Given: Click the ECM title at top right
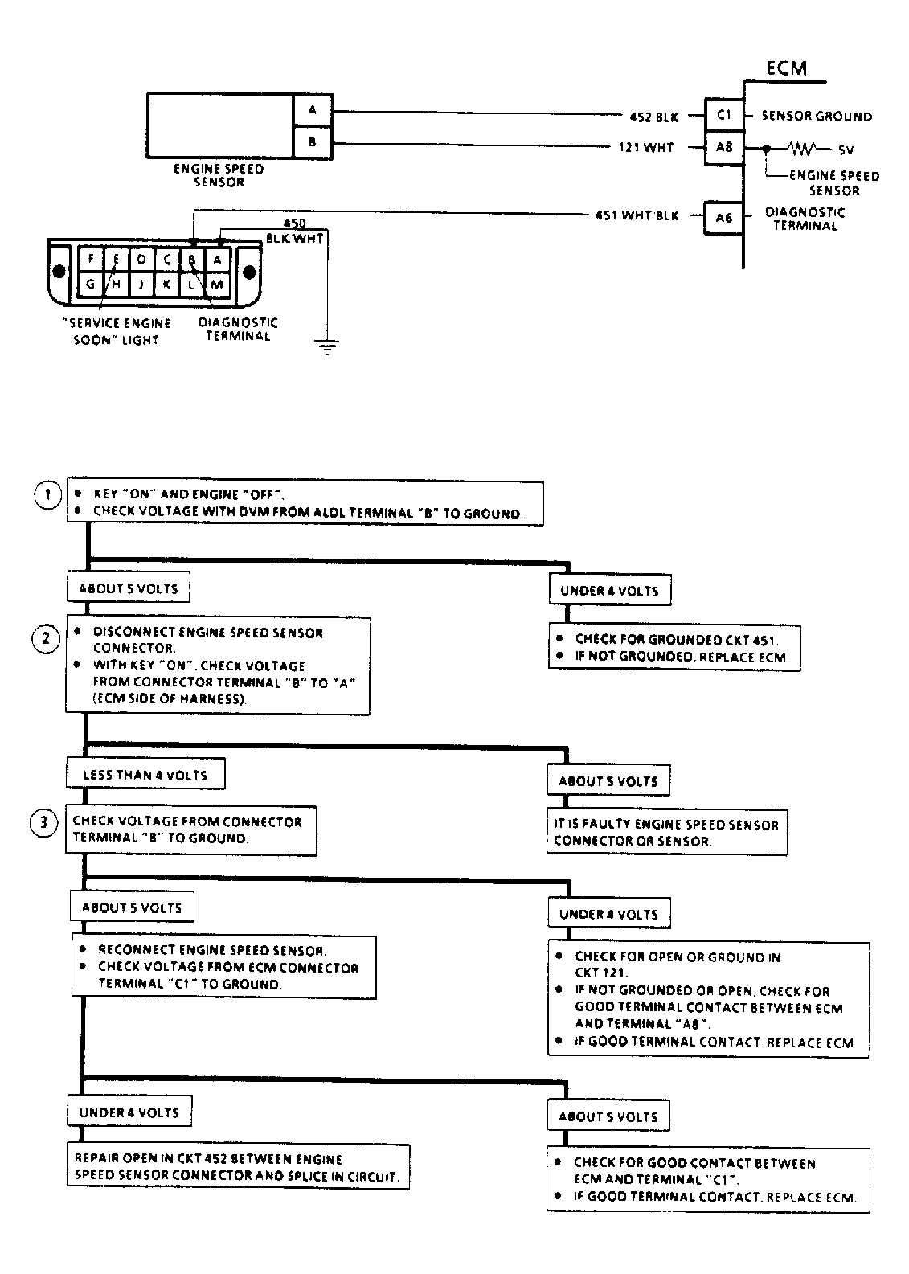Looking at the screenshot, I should click(x=785, y=68).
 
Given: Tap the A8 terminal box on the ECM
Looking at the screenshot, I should click(x=724, y=148).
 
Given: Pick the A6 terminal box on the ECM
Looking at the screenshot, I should click(x=724, y=217).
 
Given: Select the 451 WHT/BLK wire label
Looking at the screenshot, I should click(x=637, y=215).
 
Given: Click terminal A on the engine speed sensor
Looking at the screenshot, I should click(x=312, y=110).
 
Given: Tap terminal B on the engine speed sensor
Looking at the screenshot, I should click(x=312, y=142).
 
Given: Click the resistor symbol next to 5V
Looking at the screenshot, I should click(x=804, y=149).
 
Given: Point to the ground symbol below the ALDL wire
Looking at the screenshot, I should click(x=326, y=347).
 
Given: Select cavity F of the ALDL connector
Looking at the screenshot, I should click(x=92, y=259).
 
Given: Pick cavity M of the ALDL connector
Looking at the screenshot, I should click(x=217, y=284).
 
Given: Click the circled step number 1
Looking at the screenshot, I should click(x=47, y=494).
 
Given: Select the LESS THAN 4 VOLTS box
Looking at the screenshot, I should click(x=145, y=776).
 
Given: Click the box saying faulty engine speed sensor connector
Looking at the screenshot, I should click(x=666, y=833).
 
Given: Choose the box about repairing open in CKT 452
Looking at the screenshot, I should click(x=237, y=1168).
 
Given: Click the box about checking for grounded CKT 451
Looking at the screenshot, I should click(x=676, y=648).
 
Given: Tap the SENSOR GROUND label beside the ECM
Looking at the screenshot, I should click(x=817, y=117).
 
